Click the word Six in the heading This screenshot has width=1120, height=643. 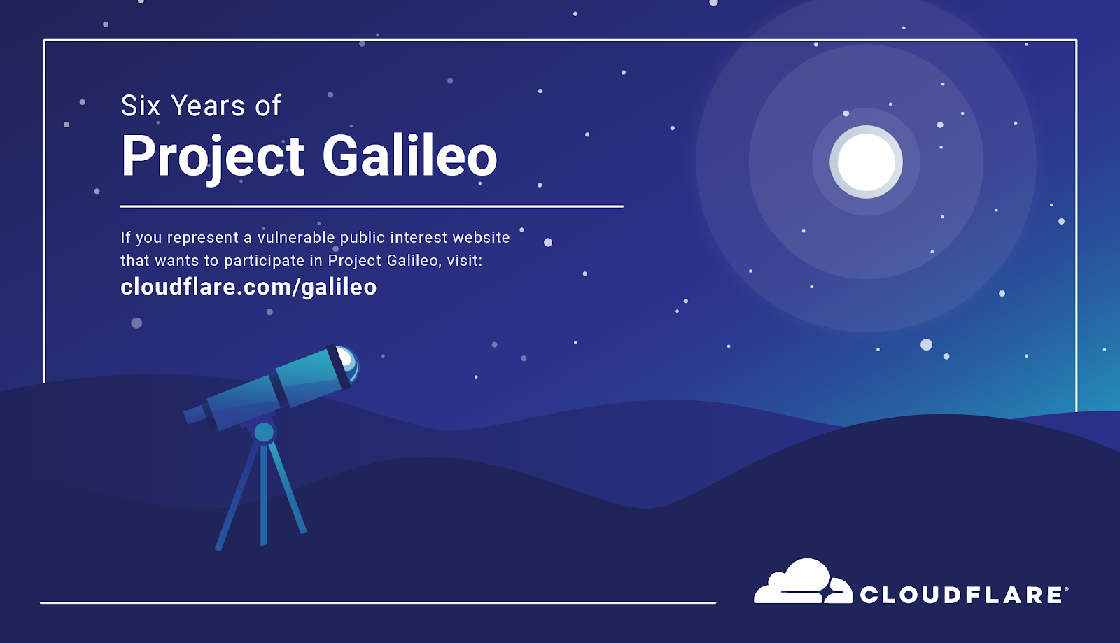(141, 106)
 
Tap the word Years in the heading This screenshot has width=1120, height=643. (207, 106)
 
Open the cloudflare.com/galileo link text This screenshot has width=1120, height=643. (248, 288)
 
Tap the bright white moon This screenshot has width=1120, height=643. (866, 162)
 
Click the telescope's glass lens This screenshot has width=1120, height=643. (348, 362)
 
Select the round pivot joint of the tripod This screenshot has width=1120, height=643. (264, 432)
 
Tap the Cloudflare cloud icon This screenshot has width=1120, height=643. (803, 582)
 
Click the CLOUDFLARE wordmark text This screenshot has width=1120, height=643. (960, 595)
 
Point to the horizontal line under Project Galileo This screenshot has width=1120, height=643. (372, 206)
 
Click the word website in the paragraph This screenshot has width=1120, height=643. (481, 237)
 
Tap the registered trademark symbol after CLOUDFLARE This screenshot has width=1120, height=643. (1067, 589)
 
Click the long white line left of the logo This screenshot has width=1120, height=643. (378, 602)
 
